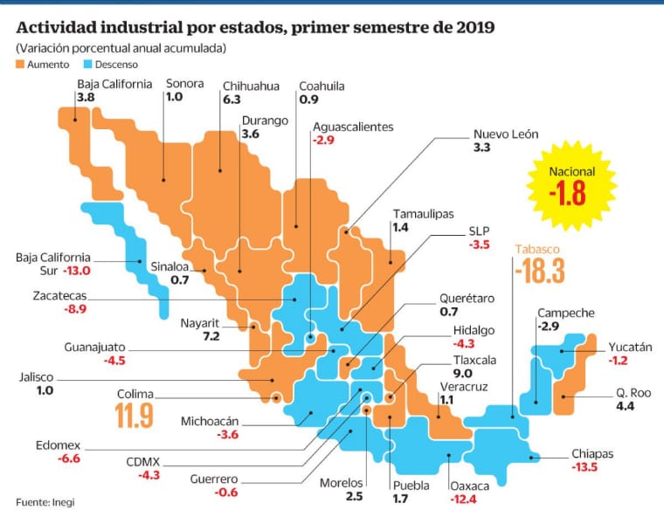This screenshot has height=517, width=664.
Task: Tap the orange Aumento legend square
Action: [21, 64]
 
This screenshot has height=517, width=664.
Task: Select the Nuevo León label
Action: [506, 134]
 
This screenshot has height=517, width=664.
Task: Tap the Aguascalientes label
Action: [353, 127]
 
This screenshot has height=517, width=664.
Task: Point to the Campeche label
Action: [565, 313]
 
